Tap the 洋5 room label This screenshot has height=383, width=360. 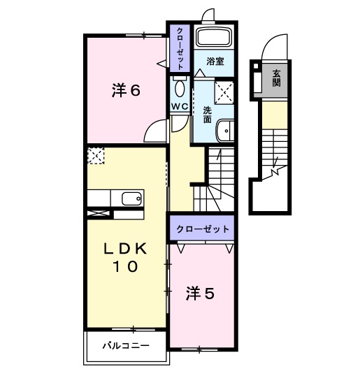click(199, 294)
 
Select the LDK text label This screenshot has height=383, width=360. click(126, 249)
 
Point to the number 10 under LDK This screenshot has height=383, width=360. click(126, 266)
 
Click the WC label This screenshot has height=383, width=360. click(179, 107)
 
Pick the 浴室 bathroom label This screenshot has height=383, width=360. click(215, 62)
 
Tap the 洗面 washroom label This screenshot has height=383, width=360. click(208, 115)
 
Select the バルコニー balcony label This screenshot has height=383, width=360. click(125, 345)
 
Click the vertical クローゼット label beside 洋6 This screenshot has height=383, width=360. click(180, 48)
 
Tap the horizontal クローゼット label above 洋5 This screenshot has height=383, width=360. click(202, 229)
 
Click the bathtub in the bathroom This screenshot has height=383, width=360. click(215, 38)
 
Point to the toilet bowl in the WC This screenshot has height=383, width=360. click(179, 88)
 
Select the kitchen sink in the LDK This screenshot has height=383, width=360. click(131, 198)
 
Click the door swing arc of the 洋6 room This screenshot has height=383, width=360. click(157, 129)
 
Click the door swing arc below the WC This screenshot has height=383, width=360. click(179, 122)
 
